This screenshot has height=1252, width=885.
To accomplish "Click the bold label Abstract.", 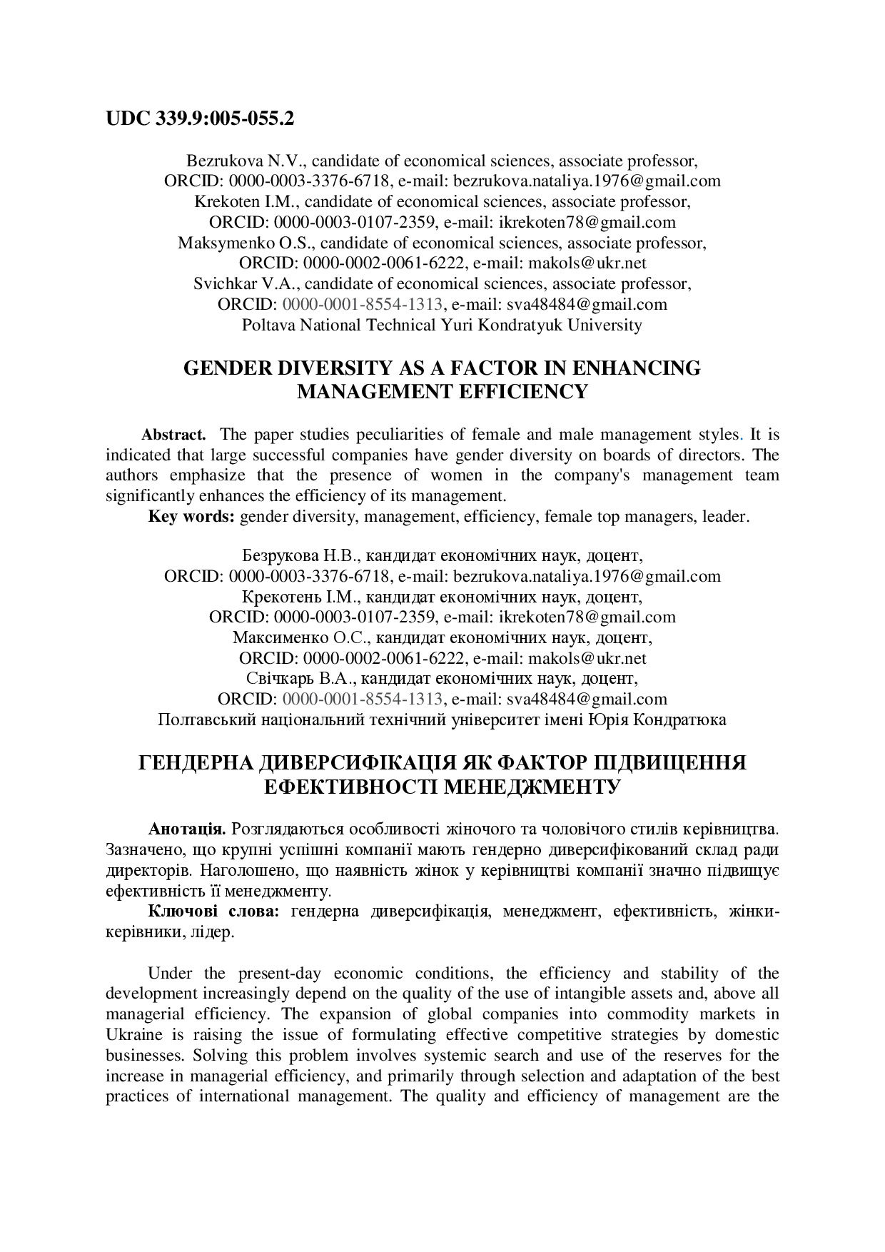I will click(x=174, y=435).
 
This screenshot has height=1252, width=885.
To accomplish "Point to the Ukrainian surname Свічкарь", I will click(x=277, y=678).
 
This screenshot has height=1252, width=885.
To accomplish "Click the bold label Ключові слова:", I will click(x=213, y=912).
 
